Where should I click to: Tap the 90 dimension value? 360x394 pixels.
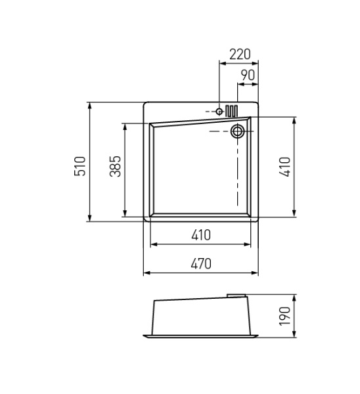click(248, 75)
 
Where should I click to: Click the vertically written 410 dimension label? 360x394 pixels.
click(283, 168)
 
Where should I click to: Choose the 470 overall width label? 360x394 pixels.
click(201, 264)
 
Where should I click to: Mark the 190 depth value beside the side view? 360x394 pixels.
click(284, 316)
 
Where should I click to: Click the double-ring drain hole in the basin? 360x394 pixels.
click(238, 131)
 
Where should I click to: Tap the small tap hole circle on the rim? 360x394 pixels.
click(219, 112)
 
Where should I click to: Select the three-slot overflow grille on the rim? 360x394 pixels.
click(232, 110)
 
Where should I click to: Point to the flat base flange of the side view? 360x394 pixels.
click(201, 336)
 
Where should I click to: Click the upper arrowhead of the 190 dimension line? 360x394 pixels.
click(294, 297)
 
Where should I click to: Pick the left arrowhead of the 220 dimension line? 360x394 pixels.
click(221, 64)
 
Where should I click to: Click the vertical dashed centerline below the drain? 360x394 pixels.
click(238, 171)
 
